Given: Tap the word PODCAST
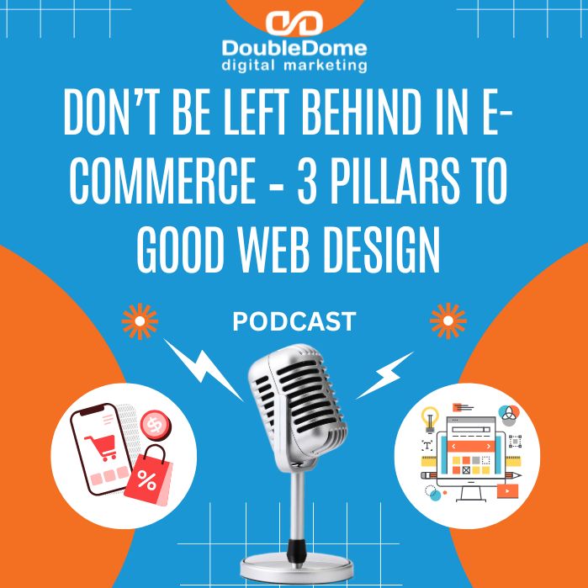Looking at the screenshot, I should tap(294, 321).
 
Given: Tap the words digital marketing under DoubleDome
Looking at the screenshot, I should tap(294, 64).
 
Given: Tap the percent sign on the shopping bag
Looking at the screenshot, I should tap(146, 482).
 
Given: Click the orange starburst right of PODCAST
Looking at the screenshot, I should tap(448, 321).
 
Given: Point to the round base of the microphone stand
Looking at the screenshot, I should tap(294, 569).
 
